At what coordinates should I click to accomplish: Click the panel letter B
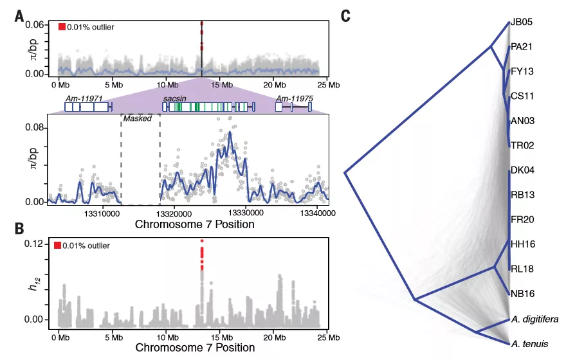(x=20, y=228)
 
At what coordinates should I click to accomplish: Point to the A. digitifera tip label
(x=534, y=318)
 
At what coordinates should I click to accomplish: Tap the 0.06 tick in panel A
(x=33, y=24)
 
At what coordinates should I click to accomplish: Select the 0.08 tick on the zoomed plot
(x=33, y=128)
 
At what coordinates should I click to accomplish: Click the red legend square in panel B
(x=58, y=246)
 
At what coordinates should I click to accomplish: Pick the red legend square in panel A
(x=62, y=27)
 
